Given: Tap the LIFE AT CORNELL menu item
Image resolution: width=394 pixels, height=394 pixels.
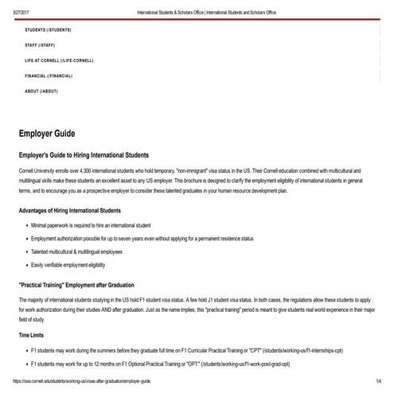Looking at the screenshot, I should (59, 60).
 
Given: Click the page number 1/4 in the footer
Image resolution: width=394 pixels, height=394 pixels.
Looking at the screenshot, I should (379, 381).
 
